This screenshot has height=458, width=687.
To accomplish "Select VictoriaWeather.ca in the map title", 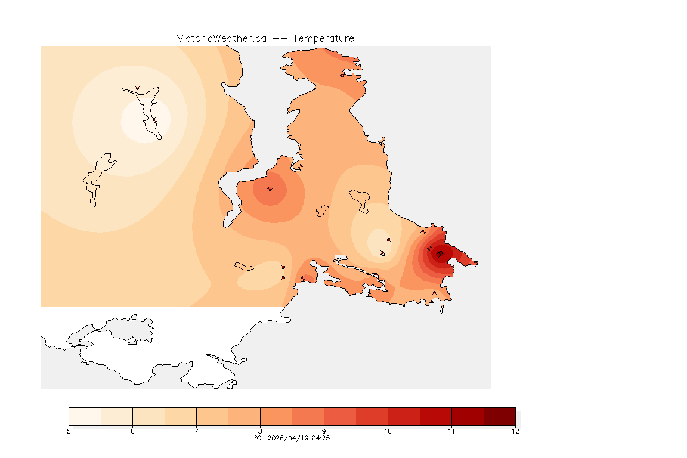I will [221, 38].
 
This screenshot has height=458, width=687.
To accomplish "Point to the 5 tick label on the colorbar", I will [69, 431].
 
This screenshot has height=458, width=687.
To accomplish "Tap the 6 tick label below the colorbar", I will [132, 431].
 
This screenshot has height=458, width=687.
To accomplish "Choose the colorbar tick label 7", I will [196, 431].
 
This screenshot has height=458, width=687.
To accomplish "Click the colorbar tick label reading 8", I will [260, 431].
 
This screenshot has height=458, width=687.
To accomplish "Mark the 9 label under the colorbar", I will [324, 431].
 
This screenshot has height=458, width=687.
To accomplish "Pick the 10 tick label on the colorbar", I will [388, 431].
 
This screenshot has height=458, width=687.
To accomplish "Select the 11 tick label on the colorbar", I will [451, 431].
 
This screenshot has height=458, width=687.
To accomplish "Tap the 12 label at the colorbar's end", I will [515, 431].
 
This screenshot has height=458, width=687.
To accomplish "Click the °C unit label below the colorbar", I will [258, 438].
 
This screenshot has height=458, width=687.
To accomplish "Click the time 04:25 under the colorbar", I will [321, 438].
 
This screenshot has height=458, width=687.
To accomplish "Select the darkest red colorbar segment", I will [499, 416].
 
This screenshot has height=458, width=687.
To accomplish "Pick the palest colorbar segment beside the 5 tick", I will [85, 416].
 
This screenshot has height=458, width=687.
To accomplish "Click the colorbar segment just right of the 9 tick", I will [340, 416].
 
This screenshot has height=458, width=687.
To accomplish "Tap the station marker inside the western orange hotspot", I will [270, 188].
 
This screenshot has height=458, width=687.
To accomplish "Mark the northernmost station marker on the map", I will [343, 75].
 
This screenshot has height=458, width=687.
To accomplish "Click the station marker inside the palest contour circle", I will [155, 120].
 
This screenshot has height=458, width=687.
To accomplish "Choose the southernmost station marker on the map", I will [434, 293].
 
